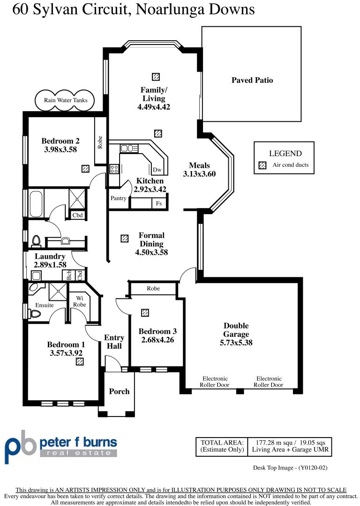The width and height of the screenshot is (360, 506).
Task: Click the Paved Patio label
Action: click(x=252, y=80)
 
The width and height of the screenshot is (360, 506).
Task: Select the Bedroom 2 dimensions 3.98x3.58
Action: click(x=60, y=149)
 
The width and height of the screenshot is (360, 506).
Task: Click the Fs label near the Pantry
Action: click(x=159, y=204)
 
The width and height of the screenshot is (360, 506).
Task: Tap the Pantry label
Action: click(x=118, y=198)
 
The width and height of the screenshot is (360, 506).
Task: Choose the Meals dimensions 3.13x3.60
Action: click(x=199, y=174)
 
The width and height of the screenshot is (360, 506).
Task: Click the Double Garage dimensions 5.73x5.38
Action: click(x=236, y=342)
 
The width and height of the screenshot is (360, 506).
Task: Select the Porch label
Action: click(x=119, y=391)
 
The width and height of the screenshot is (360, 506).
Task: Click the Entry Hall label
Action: click(x=114, y=342)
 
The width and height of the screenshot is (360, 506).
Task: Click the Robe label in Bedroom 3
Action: click(x=153, y=289)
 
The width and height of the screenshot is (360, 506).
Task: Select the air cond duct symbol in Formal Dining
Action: click(x=124, y=238)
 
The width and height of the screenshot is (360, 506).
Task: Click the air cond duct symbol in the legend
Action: click(x=262, y=165)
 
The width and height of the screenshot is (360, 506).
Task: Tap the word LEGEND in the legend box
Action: click(x=285, y=153)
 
